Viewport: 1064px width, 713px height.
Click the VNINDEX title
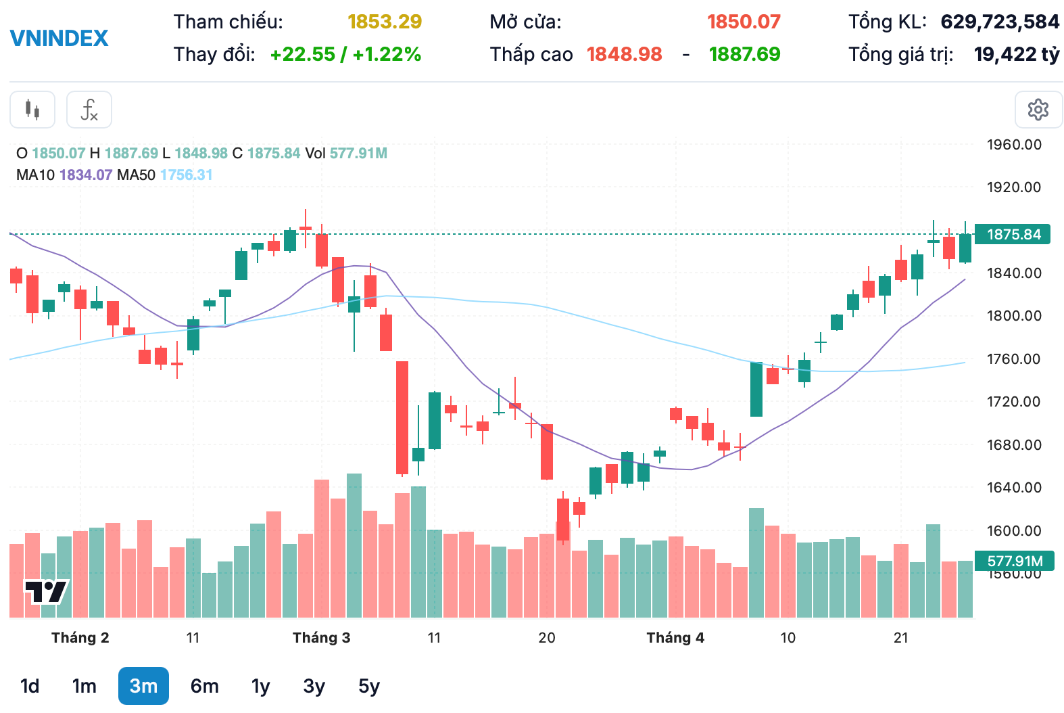click(59, 38)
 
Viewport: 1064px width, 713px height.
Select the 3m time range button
click(143, 686)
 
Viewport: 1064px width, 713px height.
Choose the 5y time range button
click(368, 686)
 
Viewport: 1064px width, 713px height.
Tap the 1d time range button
click(30, 686)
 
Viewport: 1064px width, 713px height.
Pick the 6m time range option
click(204, 686)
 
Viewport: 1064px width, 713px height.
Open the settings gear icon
click(1038, 110)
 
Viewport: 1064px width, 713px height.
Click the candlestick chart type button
click(32, 110)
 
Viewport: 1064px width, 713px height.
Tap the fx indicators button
click(89, 110)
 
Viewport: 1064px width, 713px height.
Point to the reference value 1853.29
click(385, 22)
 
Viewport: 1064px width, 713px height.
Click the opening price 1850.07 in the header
click(744, 22)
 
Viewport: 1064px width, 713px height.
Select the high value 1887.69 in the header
click(744, 54)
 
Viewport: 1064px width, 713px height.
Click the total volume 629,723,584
click(1000, 22)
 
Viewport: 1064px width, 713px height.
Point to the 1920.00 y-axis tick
click(1014, 187)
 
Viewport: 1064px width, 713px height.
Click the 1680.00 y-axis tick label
click(1014, 444)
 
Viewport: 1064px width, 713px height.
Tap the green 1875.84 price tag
click(1013, 234)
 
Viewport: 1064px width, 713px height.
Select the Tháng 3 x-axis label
click(321, 637)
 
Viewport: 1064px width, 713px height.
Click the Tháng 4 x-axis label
click(675, 637)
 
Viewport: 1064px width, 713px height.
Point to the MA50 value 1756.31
click(187, 175)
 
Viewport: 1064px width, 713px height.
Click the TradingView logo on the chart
click(46, 592)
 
